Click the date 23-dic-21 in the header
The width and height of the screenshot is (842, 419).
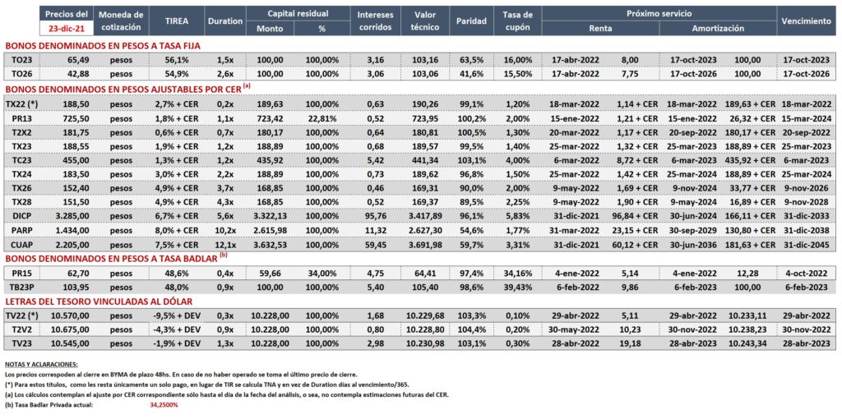click(x=66, y=28)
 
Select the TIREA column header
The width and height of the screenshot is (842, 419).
click(x=177, y=21)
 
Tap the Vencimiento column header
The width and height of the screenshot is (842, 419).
click(x=806, y=21)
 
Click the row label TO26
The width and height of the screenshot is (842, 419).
click(x=20, y=73)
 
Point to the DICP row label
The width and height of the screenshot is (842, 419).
click(x=20, y=214)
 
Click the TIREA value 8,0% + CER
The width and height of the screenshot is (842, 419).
click(x=177, y=229)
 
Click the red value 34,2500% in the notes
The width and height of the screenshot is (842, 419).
click(x=164, y=404)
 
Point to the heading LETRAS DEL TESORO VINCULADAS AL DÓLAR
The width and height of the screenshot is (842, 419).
click(x=99, y=302)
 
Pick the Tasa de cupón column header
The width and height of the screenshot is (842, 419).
click(x=519, y=21)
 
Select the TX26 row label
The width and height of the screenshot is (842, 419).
click(x=20, y=186)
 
